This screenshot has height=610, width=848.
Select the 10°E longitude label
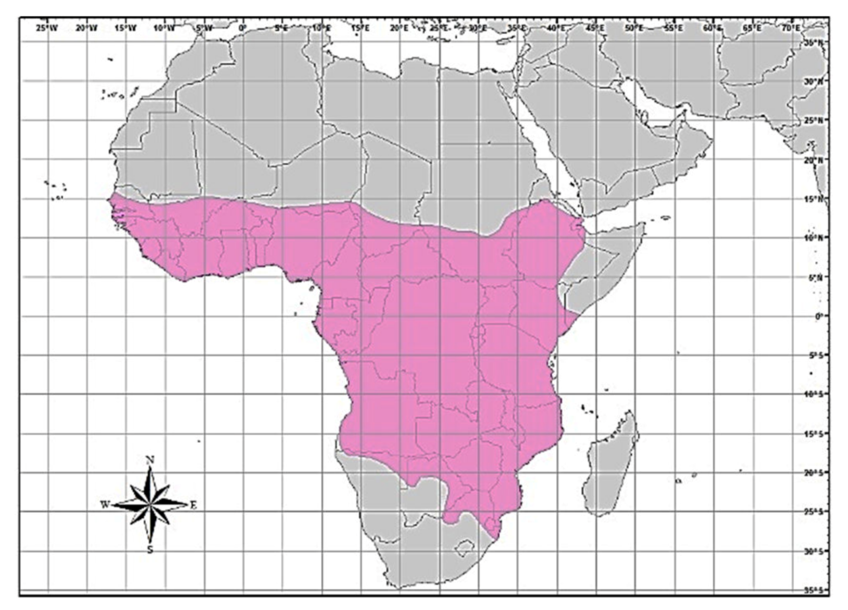tap(321, 28)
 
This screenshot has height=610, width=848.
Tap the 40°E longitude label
tap(556, 28)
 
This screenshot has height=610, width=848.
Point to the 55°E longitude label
tap(674, 28)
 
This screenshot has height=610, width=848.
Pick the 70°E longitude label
tap(791, 28)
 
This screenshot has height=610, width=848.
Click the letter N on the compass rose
tap(150, 460)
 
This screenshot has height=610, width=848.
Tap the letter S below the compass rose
tap(150, 550)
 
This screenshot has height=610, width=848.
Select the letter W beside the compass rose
tap(105, 505)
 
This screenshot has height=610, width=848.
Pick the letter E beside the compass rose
tap(193, 505)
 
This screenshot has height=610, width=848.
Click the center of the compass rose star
tap(150, 505)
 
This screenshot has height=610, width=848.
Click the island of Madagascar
tap(610, 464)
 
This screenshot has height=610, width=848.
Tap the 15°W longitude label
tap(126, 28)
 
